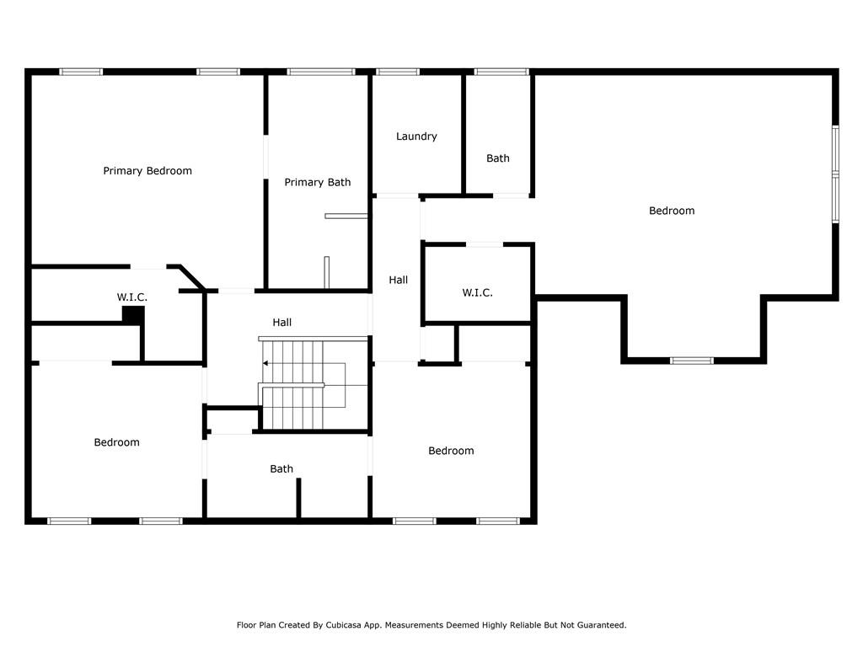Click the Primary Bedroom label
point(147,171)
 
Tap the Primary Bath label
point(318,183)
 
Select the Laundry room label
point(416,136)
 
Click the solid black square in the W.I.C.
point(132,315)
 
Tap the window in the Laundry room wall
point(398,72)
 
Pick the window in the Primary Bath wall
point(321,72)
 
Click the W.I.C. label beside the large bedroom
point(477,292)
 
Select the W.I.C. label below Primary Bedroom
point(132,297)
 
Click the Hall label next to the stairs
point(281,323)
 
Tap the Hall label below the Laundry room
point(398,280)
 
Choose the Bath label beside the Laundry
point(497,158)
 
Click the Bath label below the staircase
point(281,469)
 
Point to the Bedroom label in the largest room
point(672,211)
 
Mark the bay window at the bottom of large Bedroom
point(692,361)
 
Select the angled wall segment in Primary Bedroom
point(191,277)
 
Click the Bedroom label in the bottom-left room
point(116,442)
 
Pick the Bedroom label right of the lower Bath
point(451,452)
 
